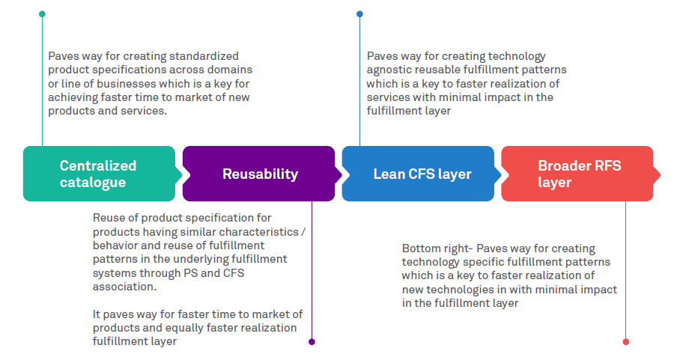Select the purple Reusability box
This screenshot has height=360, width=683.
tap(259, 174)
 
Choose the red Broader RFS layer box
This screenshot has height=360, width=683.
tap(577, 174)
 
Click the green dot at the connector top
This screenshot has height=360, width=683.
tap(42, 13)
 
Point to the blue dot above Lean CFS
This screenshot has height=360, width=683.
tap(359, 13)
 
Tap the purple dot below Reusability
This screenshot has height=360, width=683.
tap(312, 342)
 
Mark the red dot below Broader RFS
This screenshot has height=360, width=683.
tap(626, 342)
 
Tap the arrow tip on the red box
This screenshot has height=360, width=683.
tap(658, 174)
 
